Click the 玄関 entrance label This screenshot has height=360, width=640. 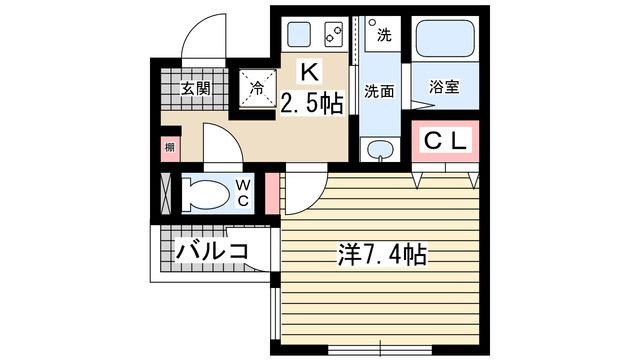pyautogui.click(x=195, y=88)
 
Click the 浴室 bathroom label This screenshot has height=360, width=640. pyautogui.click(x=443, y=87)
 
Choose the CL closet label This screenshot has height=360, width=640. pyautogui.click(x=445, y=142)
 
